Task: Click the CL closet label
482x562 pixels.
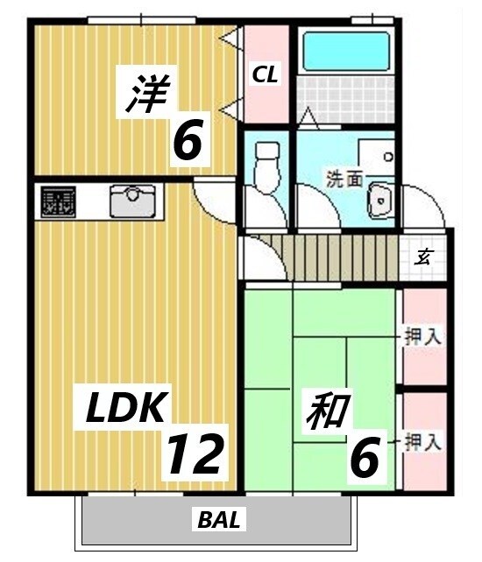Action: tap(266, 75)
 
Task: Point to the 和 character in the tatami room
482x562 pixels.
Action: tap(328, 411)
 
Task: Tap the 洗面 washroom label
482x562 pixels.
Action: tap(344, 180)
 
